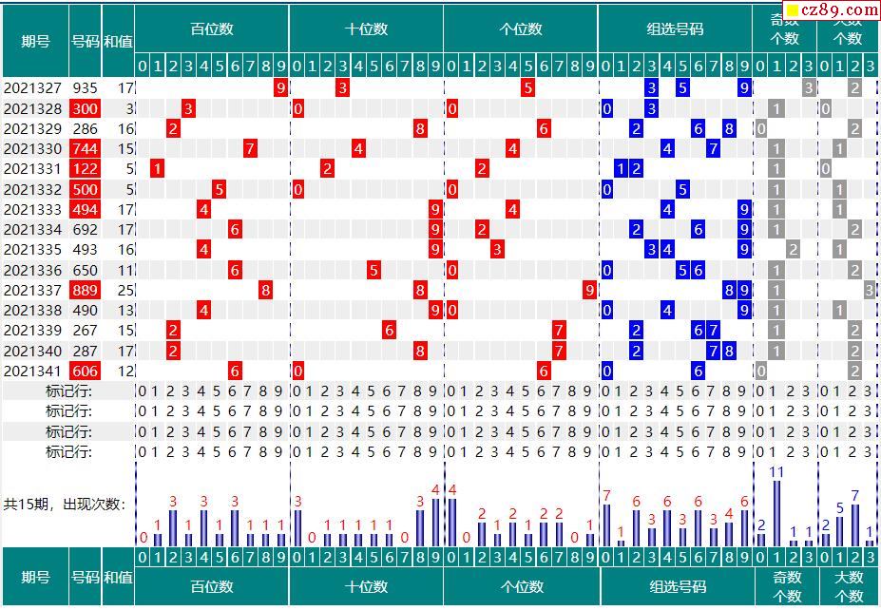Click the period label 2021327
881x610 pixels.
coord(33,88)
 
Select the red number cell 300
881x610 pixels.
coord(85,108)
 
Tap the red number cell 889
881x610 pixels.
coord(85,290)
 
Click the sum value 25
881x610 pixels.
coord(125,290)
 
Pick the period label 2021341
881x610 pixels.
coord(33,371)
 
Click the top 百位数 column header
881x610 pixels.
coord(211,29)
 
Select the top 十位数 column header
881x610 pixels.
coord(366,29)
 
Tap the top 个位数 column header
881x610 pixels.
coord(520,29)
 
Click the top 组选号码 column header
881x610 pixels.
coord(675,29)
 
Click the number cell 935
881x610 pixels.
coord(85,88)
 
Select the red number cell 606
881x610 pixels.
coord(85,371)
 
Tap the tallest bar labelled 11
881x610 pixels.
coord(776,513)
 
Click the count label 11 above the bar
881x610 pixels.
coord(776,472)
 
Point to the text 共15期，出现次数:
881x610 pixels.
coord(65,505)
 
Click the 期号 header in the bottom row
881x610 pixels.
coord(35,577)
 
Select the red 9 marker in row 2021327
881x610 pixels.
coord(280,88)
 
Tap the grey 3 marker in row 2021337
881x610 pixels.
coord(870,290)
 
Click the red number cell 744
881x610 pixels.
coord(85,148)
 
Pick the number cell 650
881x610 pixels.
coord(85,270)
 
